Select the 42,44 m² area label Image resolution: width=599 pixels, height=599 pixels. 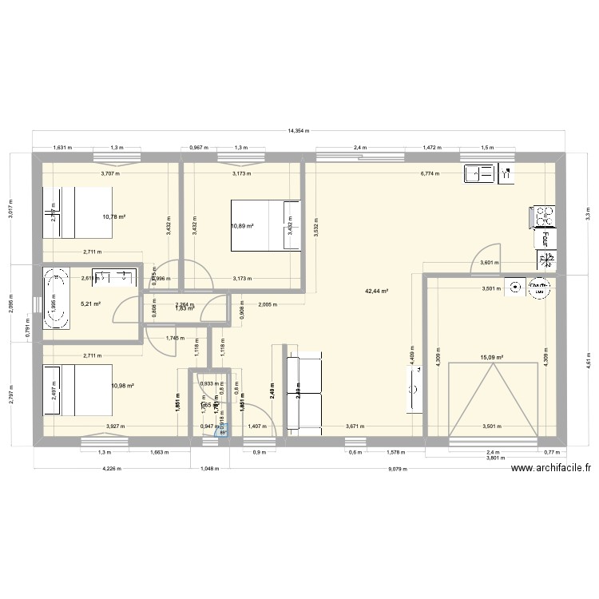(x=378, y=292)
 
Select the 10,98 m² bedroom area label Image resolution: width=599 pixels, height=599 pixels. (x=122, y=386)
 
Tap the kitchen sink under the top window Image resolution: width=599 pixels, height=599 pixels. (x=480, y=173)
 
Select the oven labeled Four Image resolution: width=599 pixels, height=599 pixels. (x=548, y=237)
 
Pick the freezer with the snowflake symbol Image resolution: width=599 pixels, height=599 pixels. (x=549, y=260)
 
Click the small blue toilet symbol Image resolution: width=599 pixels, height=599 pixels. (x=223, y=429)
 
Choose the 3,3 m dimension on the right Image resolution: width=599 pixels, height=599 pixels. (x=586, y=215)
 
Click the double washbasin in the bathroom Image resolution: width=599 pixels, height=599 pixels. (x=112, y=278)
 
